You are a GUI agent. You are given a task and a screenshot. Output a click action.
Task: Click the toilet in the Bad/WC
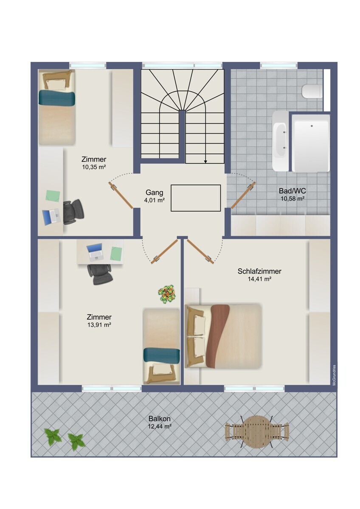pos(312,92)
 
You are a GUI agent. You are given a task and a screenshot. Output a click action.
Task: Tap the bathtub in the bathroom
pos(281,141)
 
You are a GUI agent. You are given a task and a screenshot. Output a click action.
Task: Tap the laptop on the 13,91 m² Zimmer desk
pos(95,252)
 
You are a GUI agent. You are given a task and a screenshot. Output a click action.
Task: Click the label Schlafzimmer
pos(259,271)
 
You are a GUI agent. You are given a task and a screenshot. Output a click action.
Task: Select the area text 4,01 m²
pos(154,200)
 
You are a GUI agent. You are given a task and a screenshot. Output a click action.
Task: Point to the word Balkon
pos(160,418)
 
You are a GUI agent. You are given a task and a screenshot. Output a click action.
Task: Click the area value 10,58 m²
pos(292,199)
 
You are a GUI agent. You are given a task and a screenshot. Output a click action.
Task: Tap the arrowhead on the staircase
pos(205,162)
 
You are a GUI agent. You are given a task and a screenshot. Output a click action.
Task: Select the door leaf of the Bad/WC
pos(243,195)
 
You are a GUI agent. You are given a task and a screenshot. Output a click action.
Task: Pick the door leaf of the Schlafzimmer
pos(200,251)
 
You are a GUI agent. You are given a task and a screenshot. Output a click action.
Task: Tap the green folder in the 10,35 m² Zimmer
pos(53,196)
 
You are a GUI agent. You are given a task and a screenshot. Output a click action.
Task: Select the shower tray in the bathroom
pos(311,143)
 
